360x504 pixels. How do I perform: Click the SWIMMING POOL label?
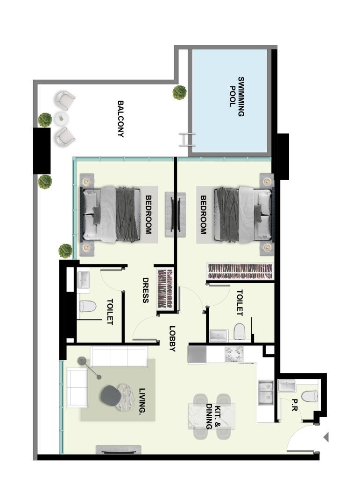point(236,97)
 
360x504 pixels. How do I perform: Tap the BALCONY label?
point(120,119)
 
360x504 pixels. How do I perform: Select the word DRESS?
point(145,290)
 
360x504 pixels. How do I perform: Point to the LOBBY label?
point(173,339)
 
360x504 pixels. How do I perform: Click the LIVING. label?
point(142,401)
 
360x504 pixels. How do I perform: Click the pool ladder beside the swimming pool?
point(187,140)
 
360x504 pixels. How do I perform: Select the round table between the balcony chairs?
point(61,119)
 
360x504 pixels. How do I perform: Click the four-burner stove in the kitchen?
point(234,354)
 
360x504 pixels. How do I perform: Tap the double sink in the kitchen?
point(266,392)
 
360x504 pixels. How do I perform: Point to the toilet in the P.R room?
point(310,396)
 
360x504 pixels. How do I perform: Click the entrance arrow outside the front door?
point(326,437)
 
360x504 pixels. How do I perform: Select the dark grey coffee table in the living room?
point(109,396)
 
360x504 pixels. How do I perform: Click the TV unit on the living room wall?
point(119,450)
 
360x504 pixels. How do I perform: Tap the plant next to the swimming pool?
point(179,92)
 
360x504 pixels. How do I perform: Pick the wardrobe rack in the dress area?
point(166,289)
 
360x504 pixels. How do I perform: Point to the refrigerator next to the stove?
point(197,354)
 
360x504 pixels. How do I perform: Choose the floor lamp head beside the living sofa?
point(82,361)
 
